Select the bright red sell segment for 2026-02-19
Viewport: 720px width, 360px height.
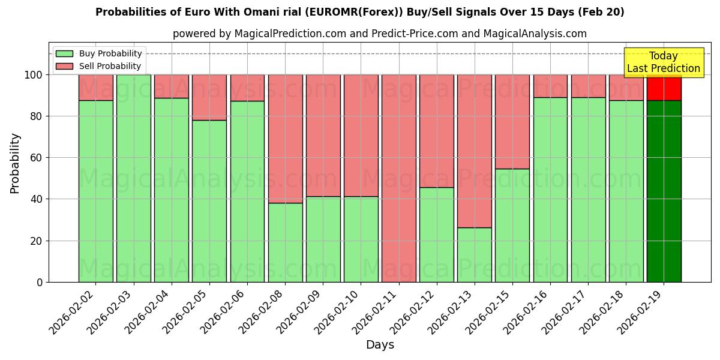click(x=664, y=88)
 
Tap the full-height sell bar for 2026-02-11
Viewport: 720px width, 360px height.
click(x=398, y=178)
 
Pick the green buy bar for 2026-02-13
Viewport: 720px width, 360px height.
click(x=474, y=254)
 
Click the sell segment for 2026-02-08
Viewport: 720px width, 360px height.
click(x=285, y=139)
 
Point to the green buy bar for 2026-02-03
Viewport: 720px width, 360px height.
click(x=133, y=178)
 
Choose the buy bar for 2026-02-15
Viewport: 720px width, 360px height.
click(x=512, y=225)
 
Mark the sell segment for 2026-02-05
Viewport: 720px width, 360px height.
click(x=209, y=97)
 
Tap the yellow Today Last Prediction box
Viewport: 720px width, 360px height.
click(x=663, y=62)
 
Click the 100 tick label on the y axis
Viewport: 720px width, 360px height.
click(x=34, y=75)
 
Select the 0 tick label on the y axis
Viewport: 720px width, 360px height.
click(x=40, y=282)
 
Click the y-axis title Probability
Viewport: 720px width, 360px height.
click(x=15, y=163)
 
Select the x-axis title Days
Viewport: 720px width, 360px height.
click(x=380, y=345)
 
